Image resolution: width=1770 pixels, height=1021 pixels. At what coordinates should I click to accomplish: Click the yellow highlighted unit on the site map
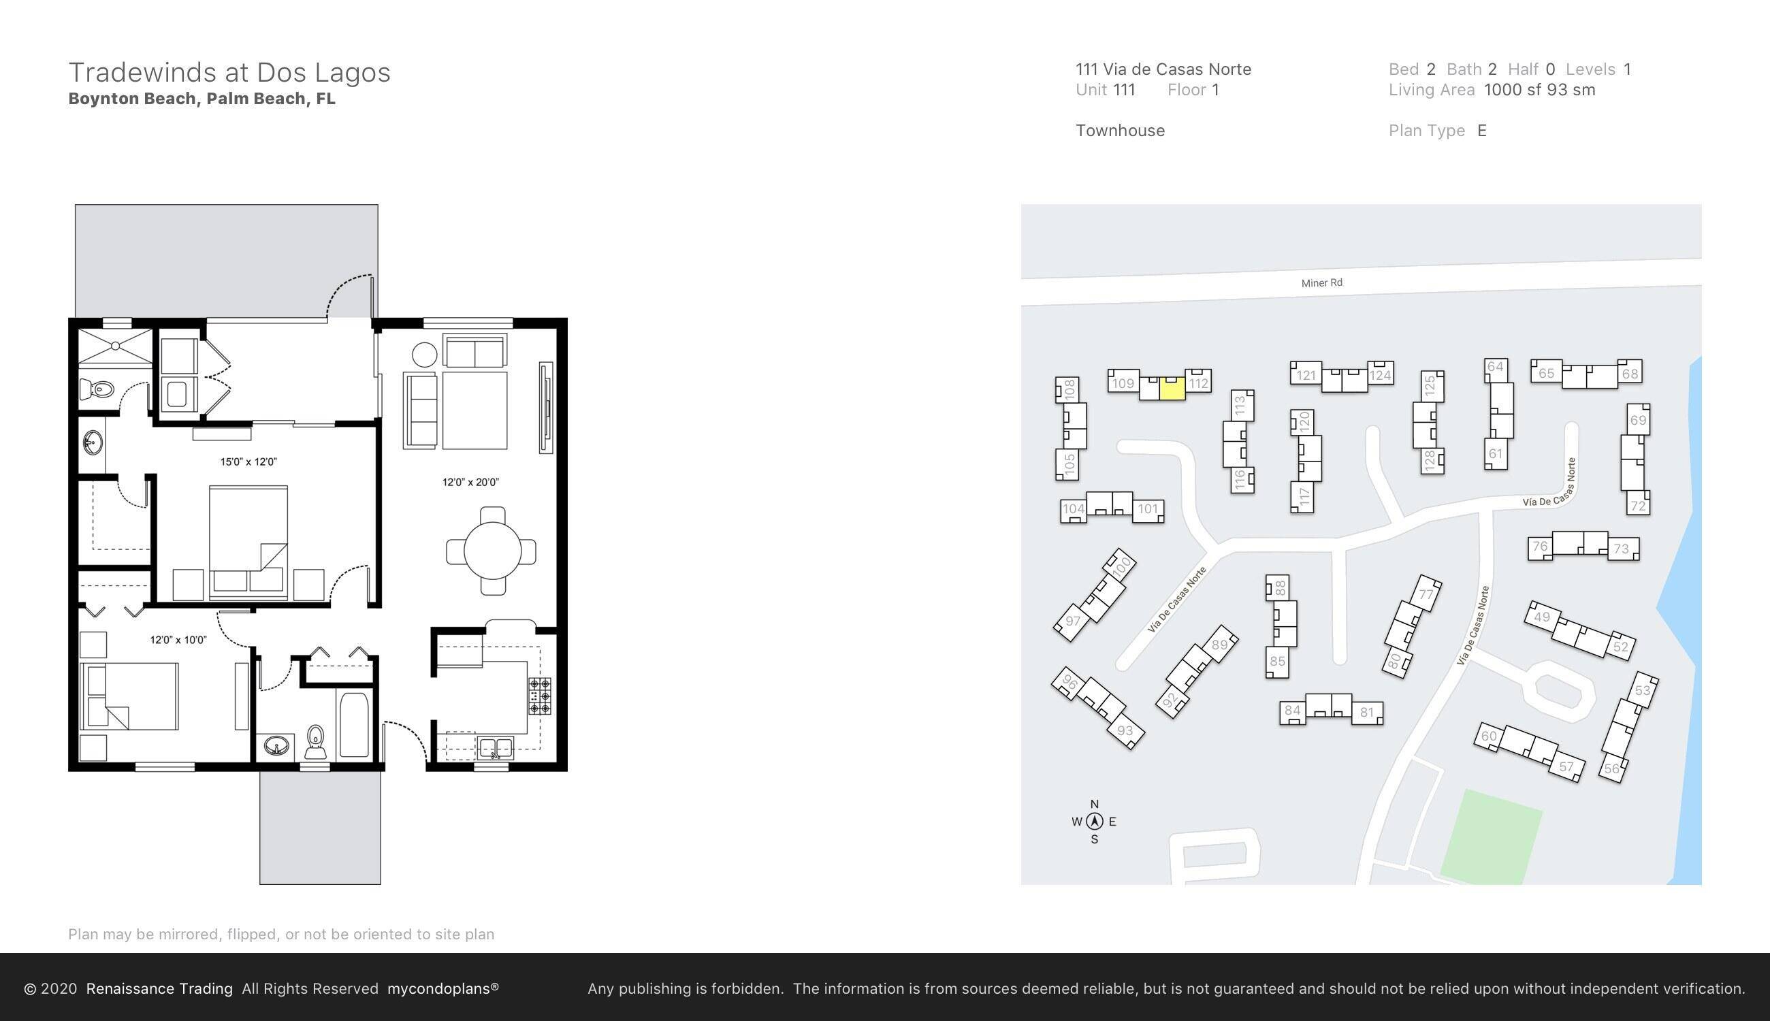(1172, 388)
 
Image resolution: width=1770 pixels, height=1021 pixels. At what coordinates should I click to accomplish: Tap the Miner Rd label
(1321, 282)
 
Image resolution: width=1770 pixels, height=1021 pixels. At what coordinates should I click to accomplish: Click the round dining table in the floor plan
(492, 551)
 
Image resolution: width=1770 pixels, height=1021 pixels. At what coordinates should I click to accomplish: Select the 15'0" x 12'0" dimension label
(248, 461)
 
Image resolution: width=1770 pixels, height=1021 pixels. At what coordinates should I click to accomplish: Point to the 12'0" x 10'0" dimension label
(178, 640)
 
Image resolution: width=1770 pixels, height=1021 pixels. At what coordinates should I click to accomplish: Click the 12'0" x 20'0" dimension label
(470, 482)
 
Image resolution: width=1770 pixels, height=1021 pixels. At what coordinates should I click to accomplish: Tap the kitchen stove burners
(539, 696)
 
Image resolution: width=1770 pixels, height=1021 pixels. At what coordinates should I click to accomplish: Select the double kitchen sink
(495, 747)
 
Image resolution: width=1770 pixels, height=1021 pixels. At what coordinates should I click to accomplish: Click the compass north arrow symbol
(1095, 821)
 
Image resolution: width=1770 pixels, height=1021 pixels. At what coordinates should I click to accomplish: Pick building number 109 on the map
(1123, 383)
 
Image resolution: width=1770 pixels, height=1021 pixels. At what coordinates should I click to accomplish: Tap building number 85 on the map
(1277, 661)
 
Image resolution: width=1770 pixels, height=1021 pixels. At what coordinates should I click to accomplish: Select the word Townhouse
(1120, 131)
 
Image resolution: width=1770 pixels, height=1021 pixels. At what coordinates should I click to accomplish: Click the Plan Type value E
(1482, 131)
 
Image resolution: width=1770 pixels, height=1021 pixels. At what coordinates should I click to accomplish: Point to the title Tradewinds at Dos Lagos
(229, 72)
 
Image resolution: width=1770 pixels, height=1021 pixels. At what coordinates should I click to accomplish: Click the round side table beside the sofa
(424, 355)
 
